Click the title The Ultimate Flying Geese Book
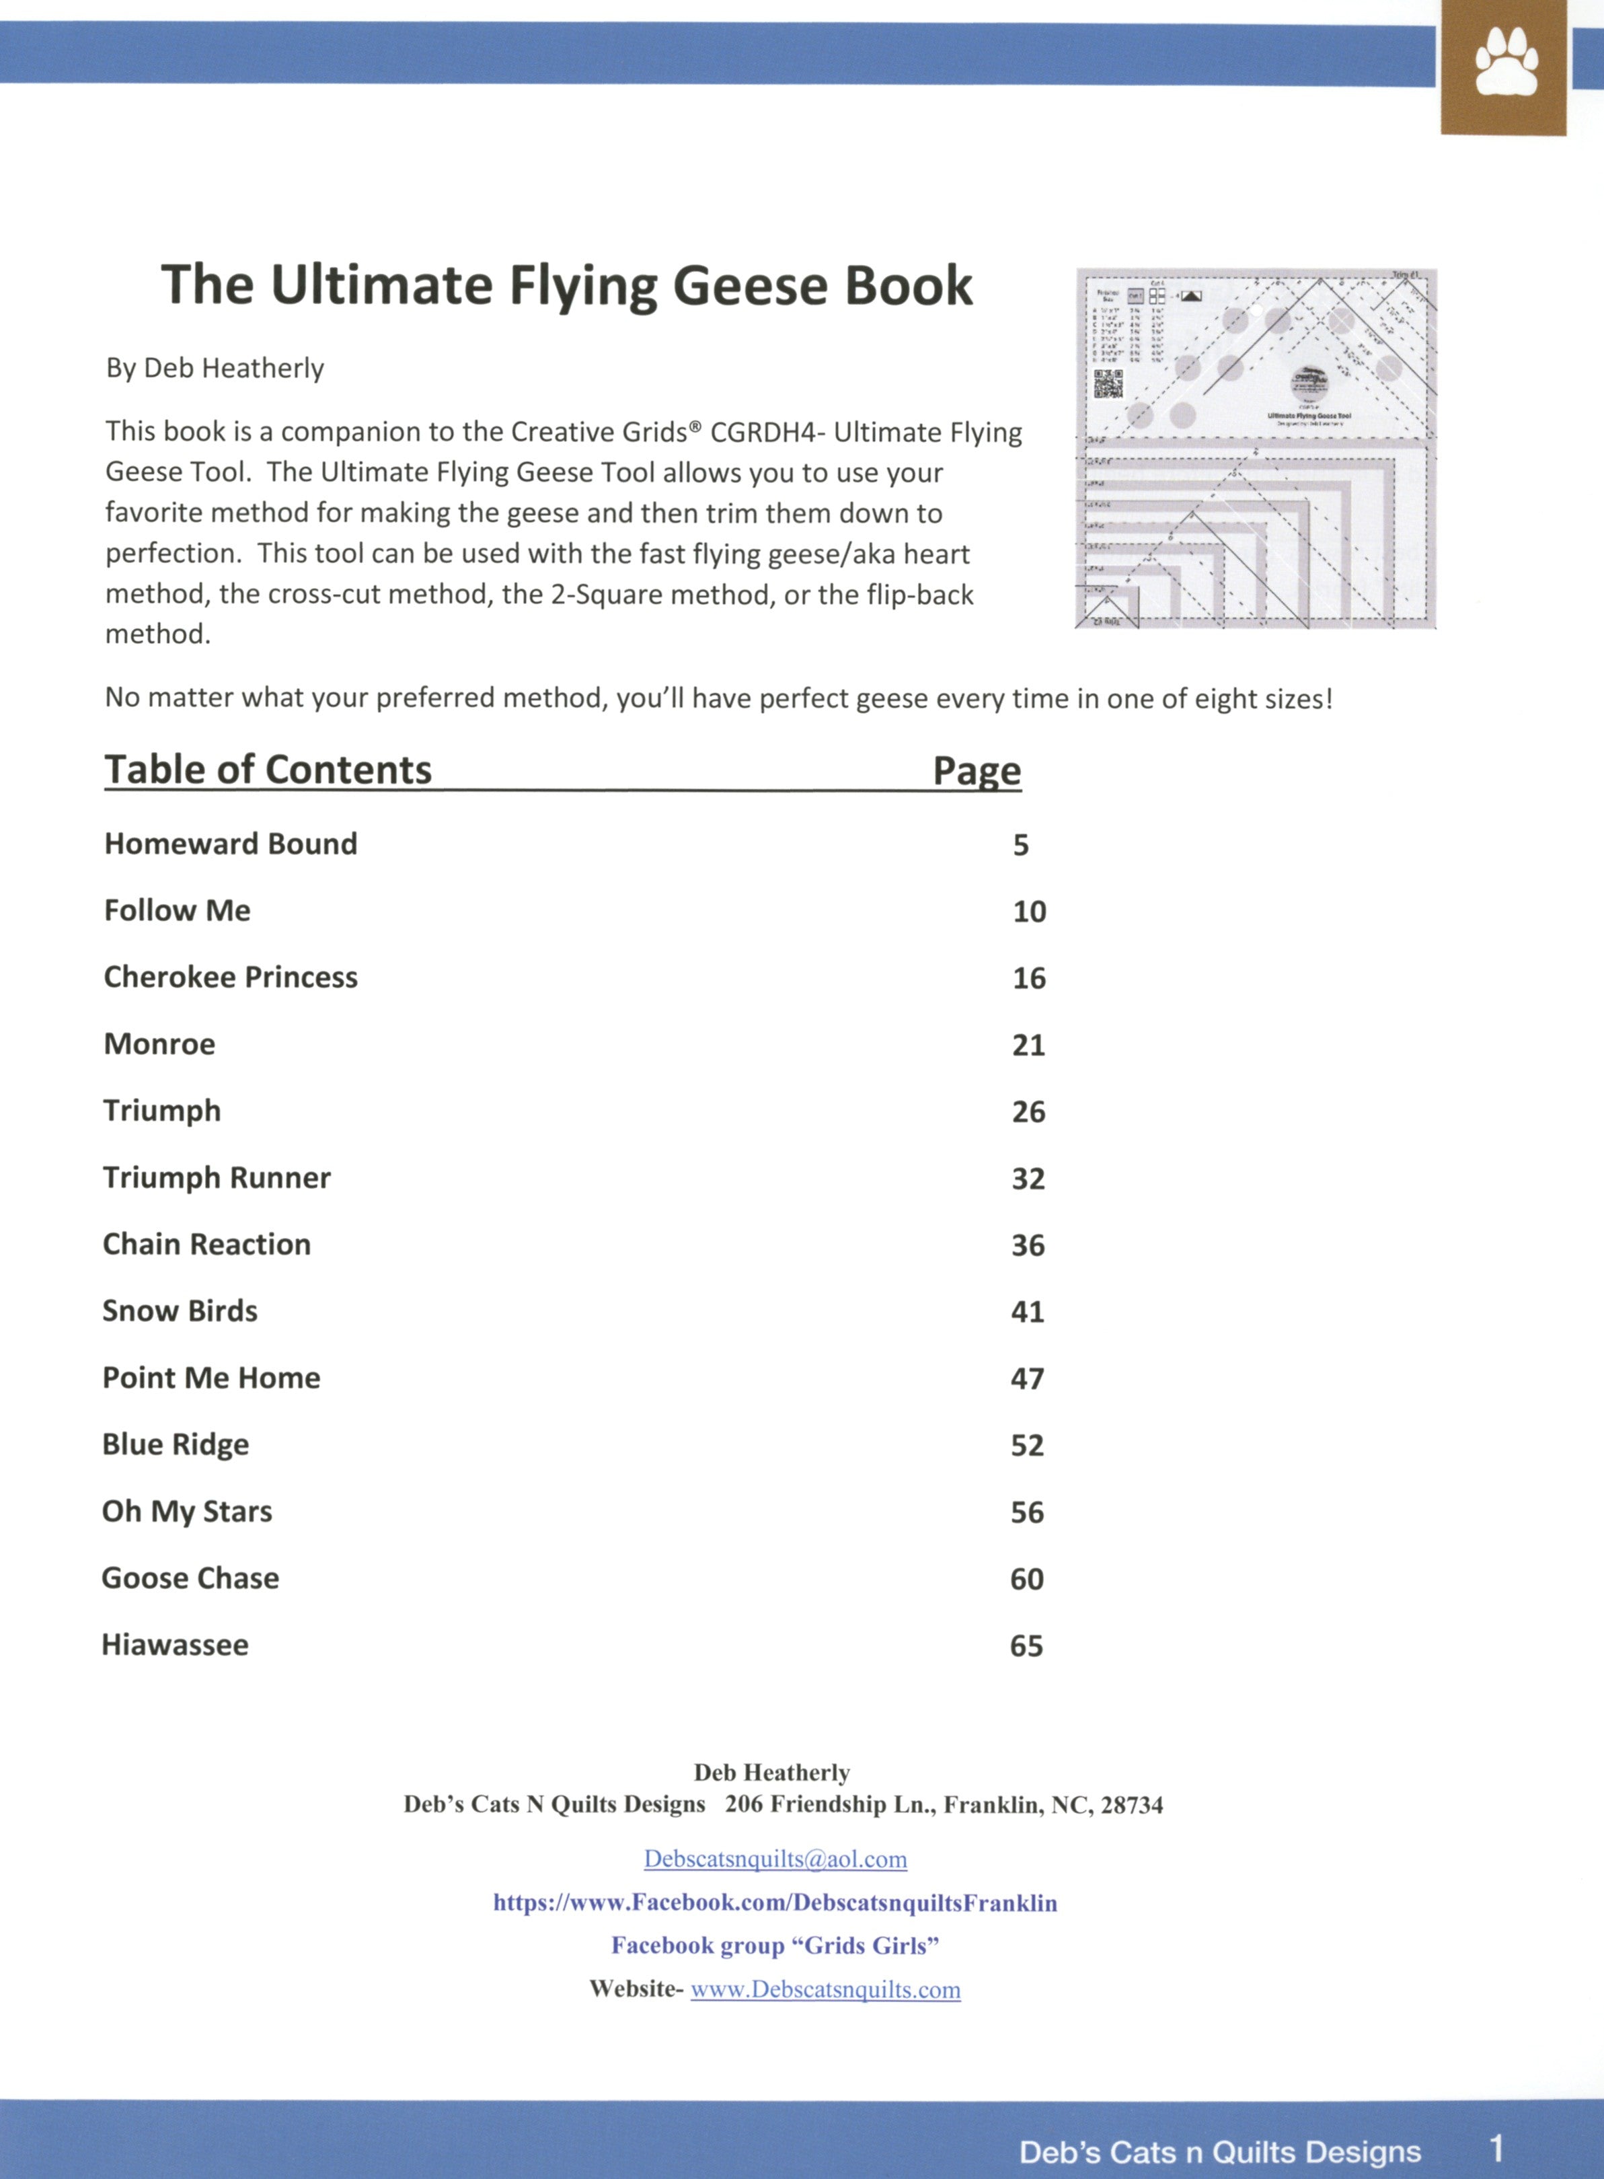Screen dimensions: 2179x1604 pyautogui.click(x=567, y=285)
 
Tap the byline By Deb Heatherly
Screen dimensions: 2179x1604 pyautogui.click(x=215, y=369)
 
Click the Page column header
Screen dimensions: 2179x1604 pyautogui.click(x=977, y=771)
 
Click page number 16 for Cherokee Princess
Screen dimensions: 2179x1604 pyautogui.click(x=1029, y=978)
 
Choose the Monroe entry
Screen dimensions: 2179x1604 pyautogui.click(x=159, y=1044)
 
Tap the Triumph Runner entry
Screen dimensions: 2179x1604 pyautogui.click(x=217, y=1178)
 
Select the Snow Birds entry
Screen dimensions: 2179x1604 pyautogui.click(x=180, y=1311)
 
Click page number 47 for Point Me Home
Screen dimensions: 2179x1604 pyautogui.click(x=1027, y=1379)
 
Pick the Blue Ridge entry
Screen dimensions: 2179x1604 pyautogui.click(x=176, y=1445)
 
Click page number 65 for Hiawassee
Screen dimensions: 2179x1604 pyautogui.click(x=1026, y=1646)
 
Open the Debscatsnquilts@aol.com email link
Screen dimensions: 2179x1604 pyautogui.click(x=775, y=1859)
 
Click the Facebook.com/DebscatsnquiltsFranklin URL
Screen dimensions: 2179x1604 pyautogui.click(x=775, y=1903)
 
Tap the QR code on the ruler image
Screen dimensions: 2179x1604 pyautogui.click(x=1108, y=383)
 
